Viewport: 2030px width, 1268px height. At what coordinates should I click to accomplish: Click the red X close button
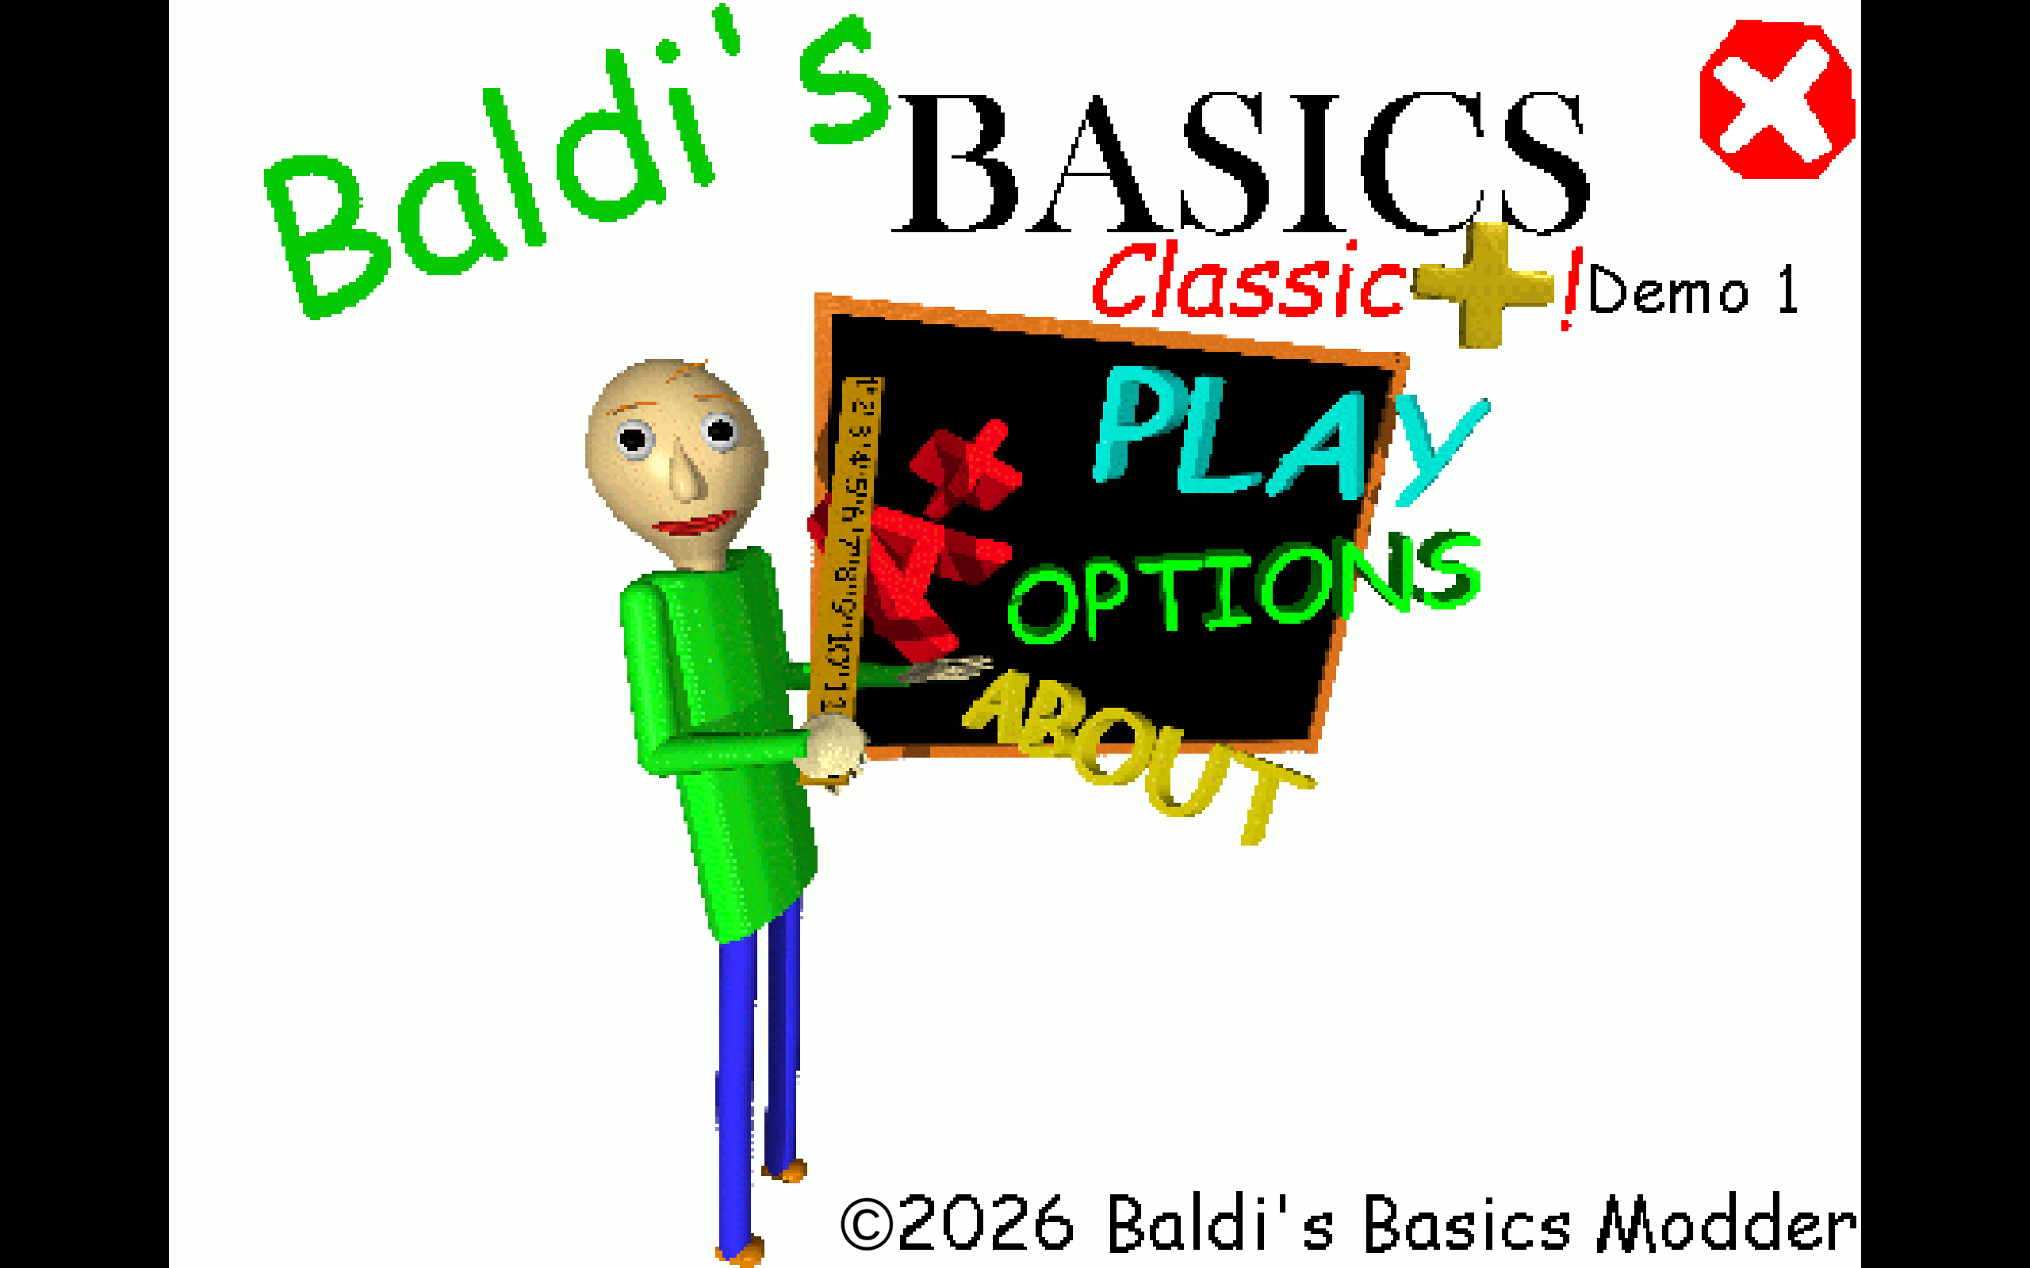[x=1777, y=100]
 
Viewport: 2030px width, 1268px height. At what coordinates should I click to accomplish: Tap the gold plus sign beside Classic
[x=1483, y=285]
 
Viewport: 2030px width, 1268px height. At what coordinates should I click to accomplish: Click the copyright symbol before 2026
[x=866, y=1224]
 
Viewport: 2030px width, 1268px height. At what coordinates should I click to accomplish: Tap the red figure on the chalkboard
[x=906, y=579]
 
